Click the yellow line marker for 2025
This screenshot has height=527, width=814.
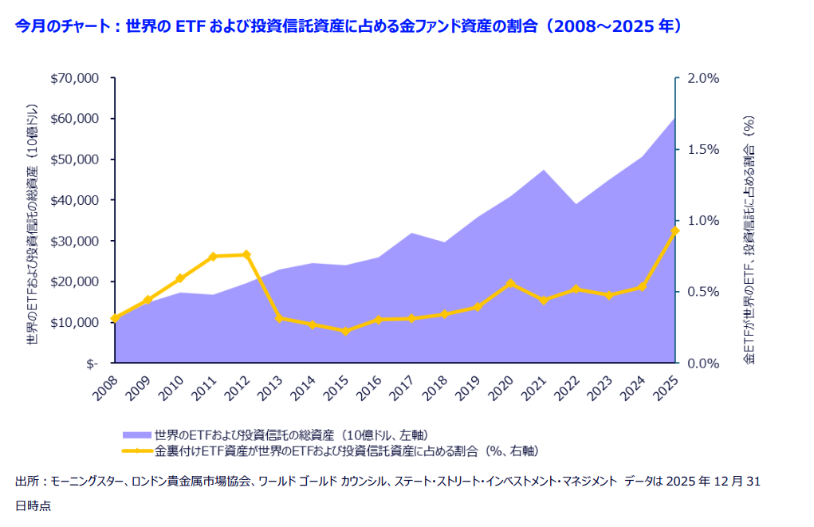pyautogui.click(x=674, y=230)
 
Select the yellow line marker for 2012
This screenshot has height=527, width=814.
pyautogui.click(x=246, y=254)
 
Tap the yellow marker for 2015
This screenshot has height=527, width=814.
pyautogui.click(x=345, y=330)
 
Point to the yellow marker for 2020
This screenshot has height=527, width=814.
pyautogui.click(x=510, y=283)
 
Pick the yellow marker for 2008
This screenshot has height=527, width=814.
pyautogui.click(x=115, y=318)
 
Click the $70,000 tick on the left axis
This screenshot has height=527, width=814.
pyautogui.click(x=74, y=78)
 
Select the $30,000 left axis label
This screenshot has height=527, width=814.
pyautogui.click(x=74, y=241)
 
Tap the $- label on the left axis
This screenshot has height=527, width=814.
pyautogui.click(x=92, y=363)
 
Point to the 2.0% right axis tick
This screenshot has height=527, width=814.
pyautogui.click(x=702, y=78)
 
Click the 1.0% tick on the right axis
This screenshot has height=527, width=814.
pyautogui.click(x=702, y=221)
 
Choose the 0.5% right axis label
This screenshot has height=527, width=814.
pyautogui.click(x=702, y=292)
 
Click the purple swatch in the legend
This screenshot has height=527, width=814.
pyautogui.click(x=137, y=435)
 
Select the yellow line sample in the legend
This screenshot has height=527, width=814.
pyautogui.click(x=137, y=450)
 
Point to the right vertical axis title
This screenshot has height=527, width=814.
pyautogui.click(x=749, y=239)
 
